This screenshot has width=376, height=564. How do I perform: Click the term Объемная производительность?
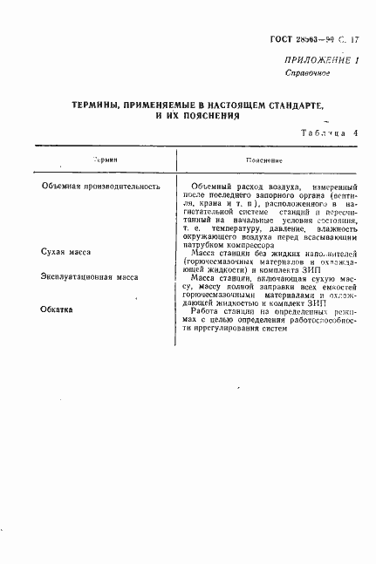(101, 187)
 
